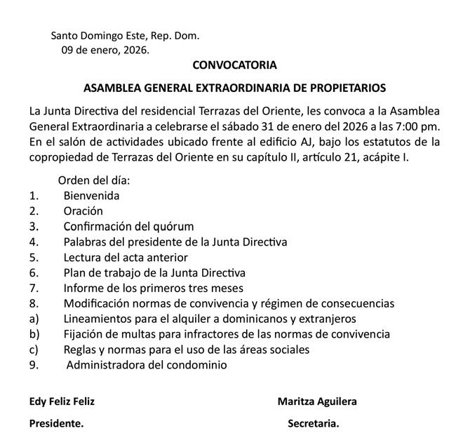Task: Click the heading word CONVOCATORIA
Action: pyautogui.click(x=234, y=65)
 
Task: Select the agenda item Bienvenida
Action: pyautogui.click(x=91, y=195)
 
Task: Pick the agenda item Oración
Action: pyautogui.click(x=83, y=211)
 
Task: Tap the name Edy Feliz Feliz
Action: pyautogui.click(x=62, y=401)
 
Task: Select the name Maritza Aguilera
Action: pyautogui.click(x=317, y=401)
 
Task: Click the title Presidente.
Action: pyautogui.click(x=56, y=424)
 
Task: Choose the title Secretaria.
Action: pyautogui.click(x=314, y=424)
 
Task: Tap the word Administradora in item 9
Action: pyautogui.click(x=105, y=365)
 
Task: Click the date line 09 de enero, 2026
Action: pyautogui.click(x=105, y=50)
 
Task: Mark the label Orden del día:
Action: pyautogui.click(x=94, y=180)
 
